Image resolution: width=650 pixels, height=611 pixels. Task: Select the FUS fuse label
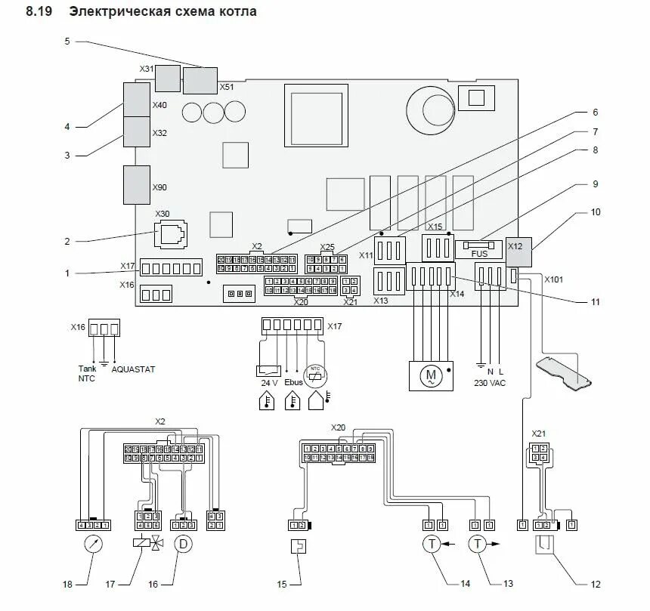(x=480, y=254)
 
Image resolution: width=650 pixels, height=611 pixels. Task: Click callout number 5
(x=67, y=41)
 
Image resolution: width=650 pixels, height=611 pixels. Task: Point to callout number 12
(x=596, y=585)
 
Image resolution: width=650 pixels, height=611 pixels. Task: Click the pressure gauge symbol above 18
(x=94, y=544)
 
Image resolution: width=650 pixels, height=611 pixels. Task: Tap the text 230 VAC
(x=491, y=383)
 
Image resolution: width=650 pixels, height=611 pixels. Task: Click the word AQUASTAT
(x=133, y=369)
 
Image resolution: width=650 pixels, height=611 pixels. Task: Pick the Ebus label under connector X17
(x=296, y=383)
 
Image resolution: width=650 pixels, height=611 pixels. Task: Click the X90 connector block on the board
(x=137, y=185)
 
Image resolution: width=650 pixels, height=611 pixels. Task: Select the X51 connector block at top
(x=200, y=79)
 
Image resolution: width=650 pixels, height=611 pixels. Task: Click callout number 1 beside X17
(x=67, y=273)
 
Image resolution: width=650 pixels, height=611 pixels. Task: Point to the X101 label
(x=554, y=278)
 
